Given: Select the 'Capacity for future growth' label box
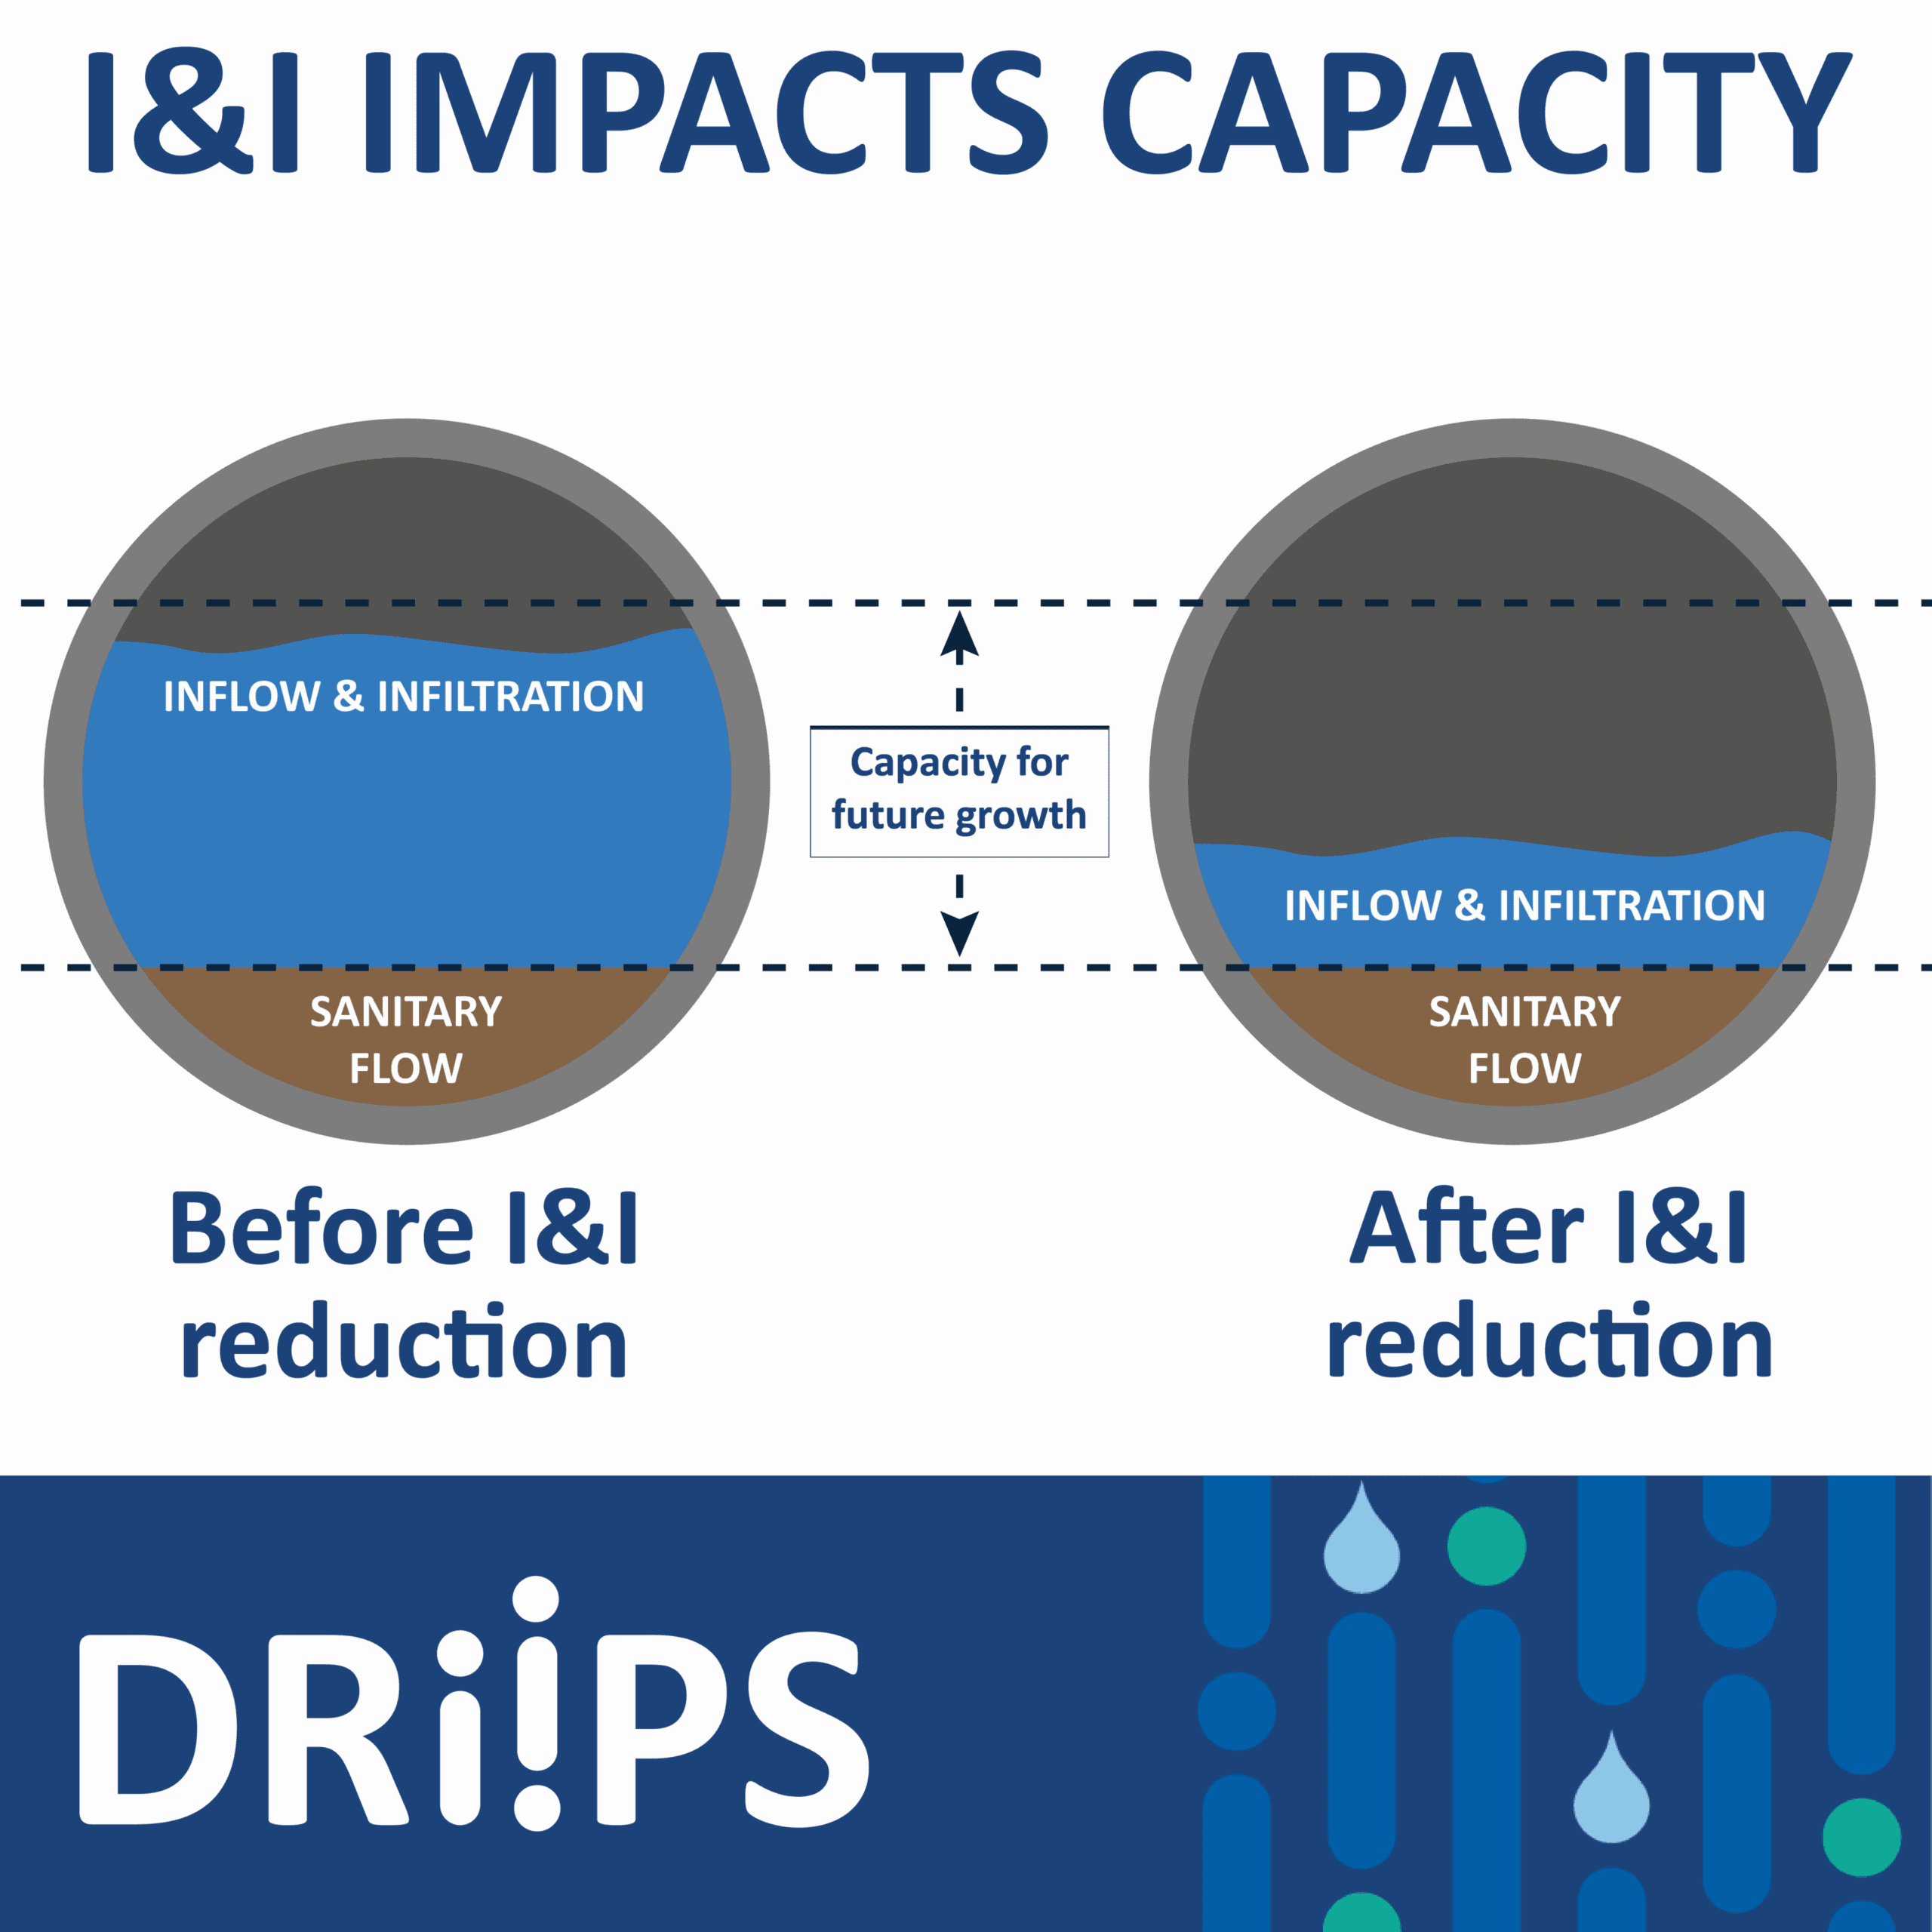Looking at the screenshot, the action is (959, 791).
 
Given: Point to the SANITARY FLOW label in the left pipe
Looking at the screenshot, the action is (406, 1040).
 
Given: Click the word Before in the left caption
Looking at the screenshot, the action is (321, 1228).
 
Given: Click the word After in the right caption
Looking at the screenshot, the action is (1467, 1228).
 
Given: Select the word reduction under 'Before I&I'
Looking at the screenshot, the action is (404, 1341).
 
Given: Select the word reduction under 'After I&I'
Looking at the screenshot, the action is (1550, 1341).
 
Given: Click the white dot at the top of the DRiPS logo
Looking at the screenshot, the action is (536, 1599).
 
